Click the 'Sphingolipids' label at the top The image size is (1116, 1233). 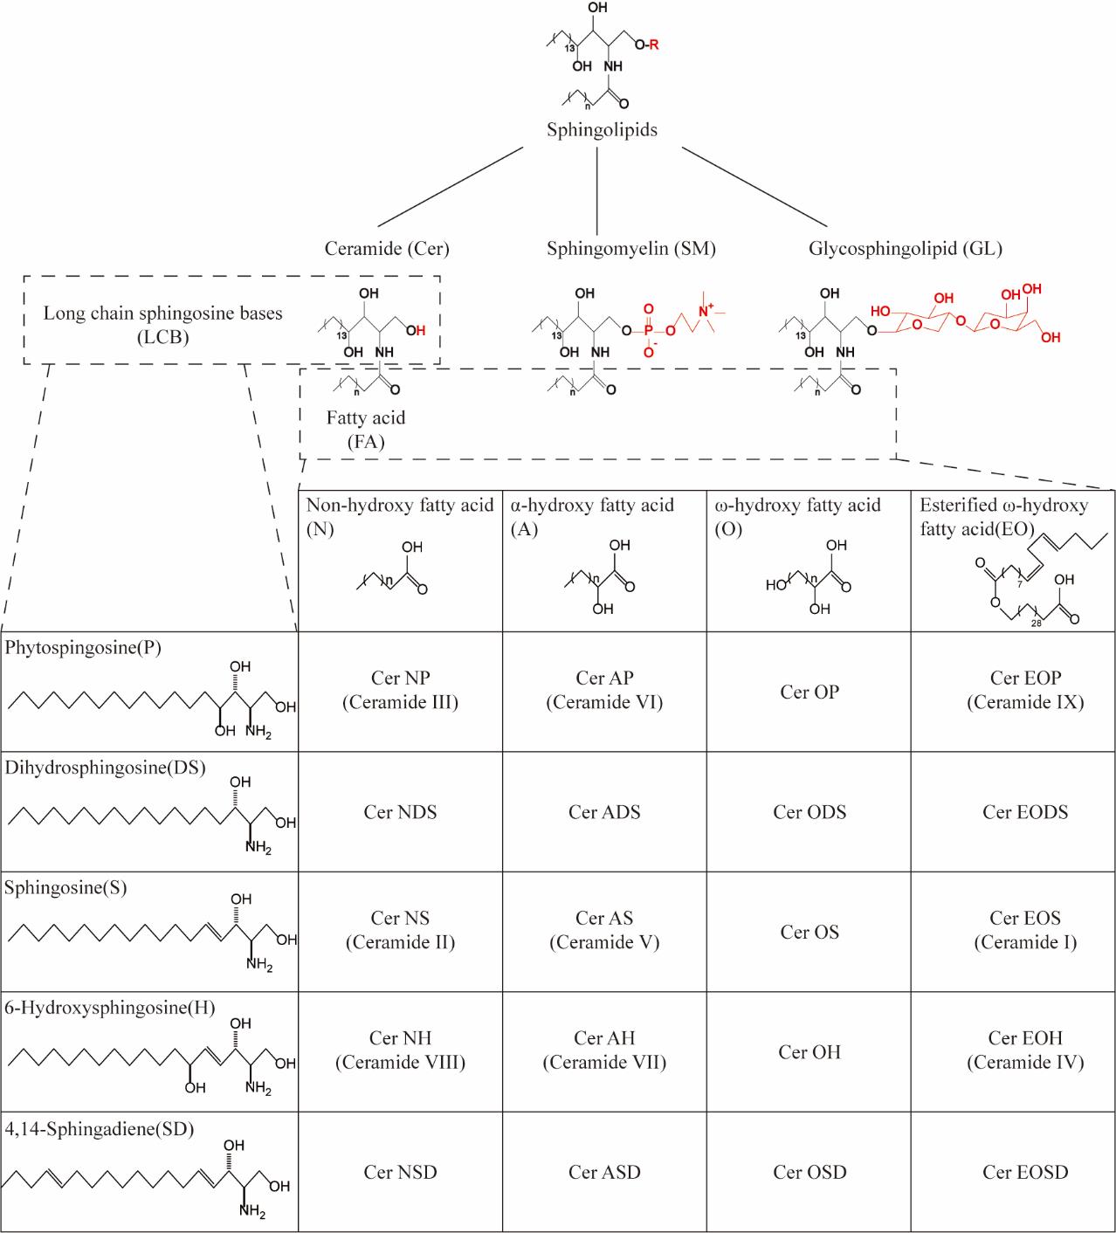602,130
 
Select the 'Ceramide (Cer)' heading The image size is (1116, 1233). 387,249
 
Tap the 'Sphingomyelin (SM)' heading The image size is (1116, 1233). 631,249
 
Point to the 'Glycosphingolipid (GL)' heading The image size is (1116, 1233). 905,249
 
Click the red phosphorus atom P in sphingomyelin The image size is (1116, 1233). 648,330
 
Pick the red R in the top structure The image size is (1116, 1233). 654,45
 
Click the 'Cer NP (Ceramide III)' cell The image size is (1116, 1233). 400,690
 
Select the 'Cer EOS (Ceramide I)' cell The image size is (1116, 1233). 1025,930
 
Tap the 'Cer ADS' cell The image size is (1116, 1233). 604,812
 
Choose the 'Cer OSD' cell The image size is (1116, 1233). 809,1172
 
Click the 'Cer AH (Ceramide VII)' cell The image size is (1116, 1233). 604,1050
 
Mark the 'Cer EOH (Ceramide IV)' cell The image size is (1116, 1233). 1025,1050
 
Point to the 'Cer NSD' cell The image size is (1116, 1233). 400,1172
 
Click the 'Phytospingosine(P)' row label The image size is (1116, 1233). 83,648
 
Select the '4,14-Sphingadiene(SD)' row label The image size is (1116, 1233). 100,1129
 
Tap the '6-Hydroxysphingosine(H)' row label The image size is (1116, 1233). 110,1008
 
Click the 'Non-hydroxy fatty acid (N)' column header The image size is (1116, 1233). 400,516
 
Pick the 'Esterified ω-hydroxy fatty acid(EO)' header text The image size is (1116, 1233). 1004,516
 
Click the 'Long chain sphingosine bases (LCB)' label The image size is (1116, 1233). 163,324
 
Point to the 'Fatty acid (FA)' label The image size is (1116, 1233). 366,429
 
